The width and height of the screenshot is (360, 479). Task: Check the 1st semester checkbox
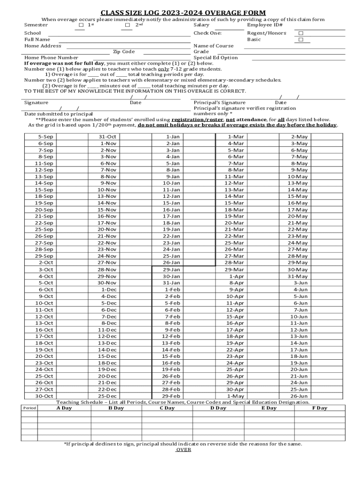pyautogui.click(x=81, y=25)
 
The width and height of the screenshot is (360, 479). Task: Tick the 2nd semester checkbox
pyautogui.click(x=128, y=25)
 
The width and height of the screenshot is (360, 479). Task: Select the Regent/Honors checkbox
pyautogui.click(x=301, y=33)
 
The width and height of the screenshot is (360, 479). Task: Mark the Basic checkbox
pyautogui.click(x=301, y=40)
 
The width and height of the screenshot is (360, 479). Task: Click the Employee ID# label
pyautogui.click(x=265, y=25)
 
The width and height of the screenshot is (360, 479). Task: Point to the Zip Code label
pyautogui.click(x=124, y=52)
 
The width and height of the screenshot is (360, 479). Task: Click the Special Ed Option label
pyautogui.click(x=216, y=58)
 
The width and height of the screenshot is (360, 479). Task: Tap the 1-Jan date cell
pyautogui.click(x=173, y=137)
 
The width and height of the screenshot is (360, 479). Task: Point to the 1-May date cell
pyautogui.click(x=236, y=396)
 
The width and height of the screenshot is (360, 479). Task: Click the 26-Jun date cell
pyautogui.click(x=299, y=396)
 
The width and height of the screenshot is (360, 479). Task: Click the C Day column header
pyautogui.click(x=167, y=408)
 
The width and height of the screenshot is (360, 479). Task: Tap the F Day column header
pyautogui.click(x=319, y=408)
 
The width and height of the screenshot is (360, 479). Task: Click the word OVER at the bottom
pyautogui.click(x=183, y=450)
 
